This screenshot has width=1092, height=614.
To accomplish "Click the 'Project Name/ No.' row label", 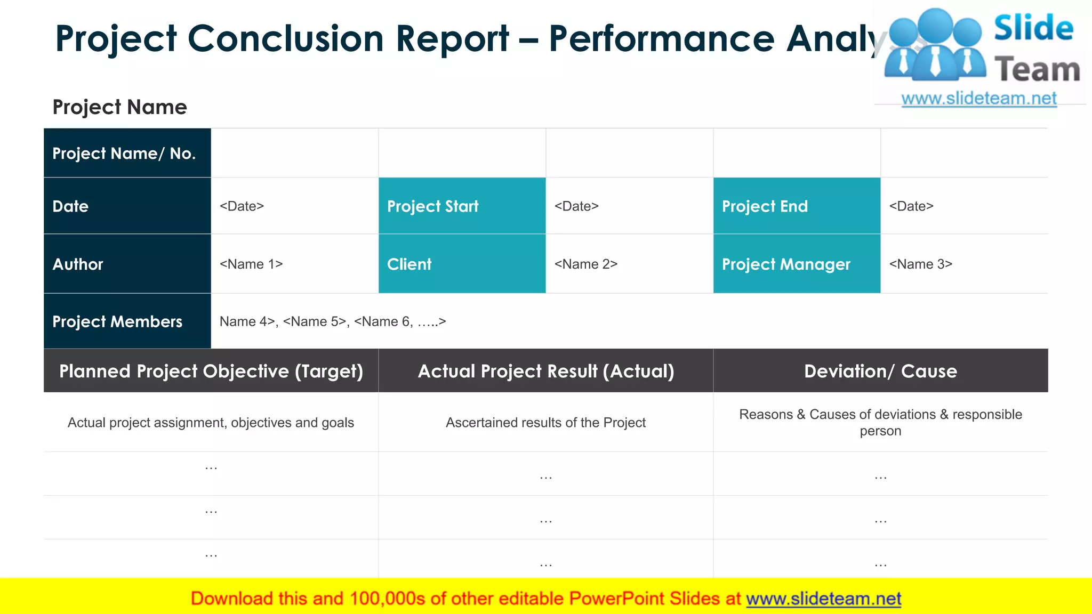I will coord(124,153).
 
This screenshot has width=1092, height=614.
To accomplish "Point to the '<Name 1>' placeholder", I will coord(251,264).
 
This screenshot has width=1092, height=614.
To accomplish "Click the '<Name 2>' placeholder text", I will coord(585,264).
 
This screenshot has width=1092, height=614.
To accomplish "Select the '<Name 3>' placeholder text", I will coord(920,264).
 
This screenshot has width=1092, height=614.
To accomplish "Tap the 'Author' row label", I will coord(78,264).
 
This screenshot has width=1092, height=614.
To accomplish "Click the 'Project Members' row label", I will coord(117,322).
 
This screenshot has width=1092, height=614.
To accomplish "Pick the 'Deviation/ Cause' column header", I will coord(880,371).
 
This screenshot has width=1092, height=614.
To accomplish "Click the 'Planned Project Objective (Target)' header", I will coord(211,371).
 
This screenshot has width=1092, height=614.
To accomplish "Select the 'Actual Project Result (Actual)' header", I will coord(546,371).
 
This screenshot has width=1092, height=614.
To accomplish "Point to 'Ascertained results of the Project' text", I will coord(545,423).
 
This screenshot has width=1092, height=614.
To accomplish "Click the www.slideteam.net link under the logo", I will coord(979,99).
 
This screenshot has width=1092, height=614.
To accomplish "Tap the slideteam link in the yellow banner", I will coord(823,599).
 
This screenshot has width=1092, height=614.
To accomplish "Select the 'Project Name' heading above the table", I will coord(119,107).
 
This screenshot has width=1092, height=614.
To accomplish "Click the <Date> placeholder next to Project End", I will coord(911,206).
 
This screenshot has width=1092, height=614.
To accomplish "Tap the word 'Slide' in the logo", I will coord(1033,28).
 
